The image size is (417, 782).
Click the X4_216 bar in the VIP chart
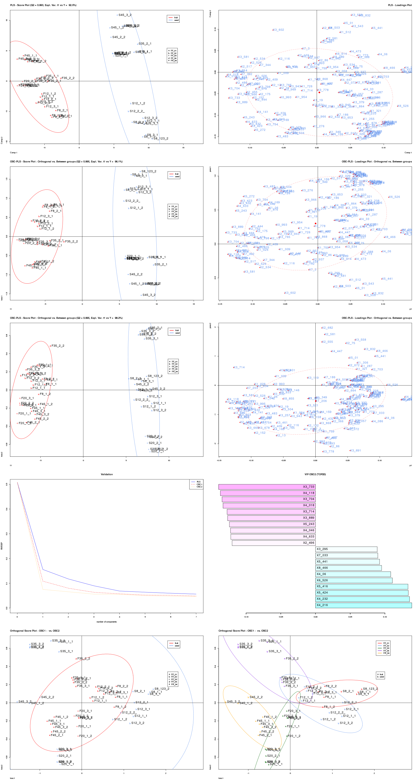coord(363,605)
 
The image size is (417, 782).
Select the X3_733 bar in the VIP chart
coord(267,487)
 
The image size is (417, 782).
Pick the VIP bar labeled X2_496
coord(273,543)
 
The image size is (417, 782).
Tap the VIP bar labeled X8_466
coord(348,568)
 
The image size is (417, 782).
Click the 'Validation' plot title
coord(107,474)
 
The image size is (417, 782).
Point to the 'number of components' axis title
coord(107,622)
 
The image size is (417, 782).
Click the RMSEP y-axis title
coord(2,546)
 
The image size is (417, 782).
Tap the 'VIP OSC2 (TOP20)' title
coord(315,474)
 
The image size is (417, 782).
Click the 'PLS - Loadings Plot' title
coord(400,5)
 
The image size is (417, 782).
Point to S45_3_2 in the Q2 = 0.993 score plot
coord(125,15)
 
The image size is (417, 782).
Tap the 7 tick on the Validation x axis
coord(196,616)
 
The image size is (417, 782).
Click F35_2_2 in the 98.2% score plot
coord(58,346)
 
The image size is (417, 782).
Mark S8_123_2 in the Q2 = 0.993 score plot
coord(161,138)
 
